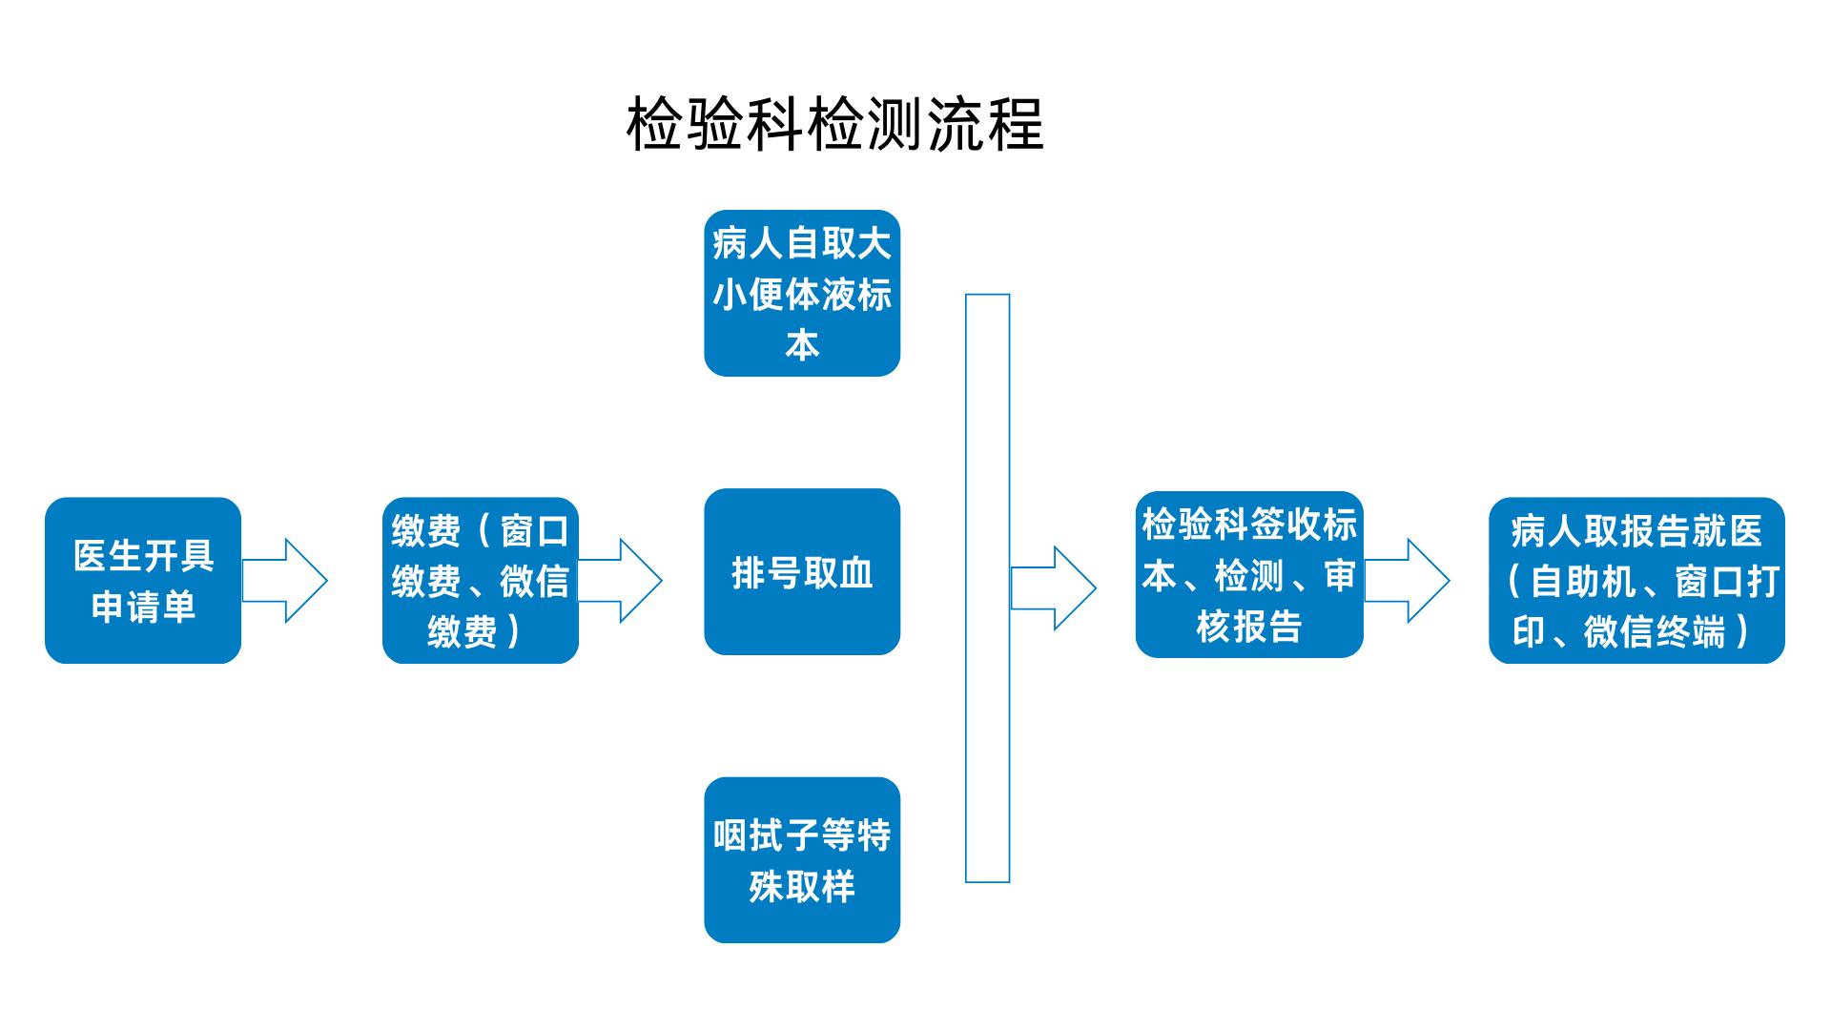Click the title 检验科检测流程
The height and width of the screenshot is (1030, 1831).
pos(835,124)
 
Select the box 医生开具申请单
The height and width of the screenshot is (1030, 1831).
pos(143,580)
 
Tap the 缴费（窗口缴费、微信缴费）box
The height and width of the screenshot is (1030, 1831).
pos(481,580)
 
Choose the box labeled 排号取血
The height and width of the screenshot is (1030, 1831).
pos(802,572)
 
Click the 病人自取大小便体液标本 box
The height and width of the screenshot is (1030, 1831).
pos(802,293)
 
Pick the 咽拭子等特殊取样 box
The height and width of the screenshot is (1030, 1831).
pos(802,860)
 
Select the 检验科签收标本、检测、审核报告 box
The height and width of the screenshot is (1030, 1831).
pos(1249,574)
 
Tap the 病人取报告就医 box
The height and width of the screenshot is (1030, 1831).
pos(1636,580)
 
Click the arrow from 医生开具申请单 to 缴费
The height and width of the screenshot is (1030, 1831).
pos(284,581)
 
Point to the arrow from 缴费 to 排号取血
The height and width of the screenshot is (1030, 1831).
pos(620,581)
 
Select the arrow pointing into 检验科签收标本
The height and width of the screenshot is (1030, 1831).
pos(1053,587)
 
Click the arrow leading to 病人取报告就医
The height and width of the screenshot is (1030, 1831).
pos(1407,581)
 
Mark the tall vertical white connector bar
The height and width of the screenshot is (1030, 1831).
pos(987,588)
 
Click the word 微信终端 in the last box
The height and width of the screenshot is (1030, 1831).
pos(1655,631)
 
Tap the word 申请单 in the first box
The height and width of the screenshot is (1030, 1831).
pos(143,607)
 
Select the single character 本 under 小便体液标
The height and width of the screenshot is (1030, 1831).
pos(802,344)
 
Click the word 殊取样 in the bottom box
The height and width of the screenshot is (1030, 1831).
pos(802,887)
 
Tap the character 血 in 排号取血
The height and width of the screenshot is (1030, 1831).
pos(855,573)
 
